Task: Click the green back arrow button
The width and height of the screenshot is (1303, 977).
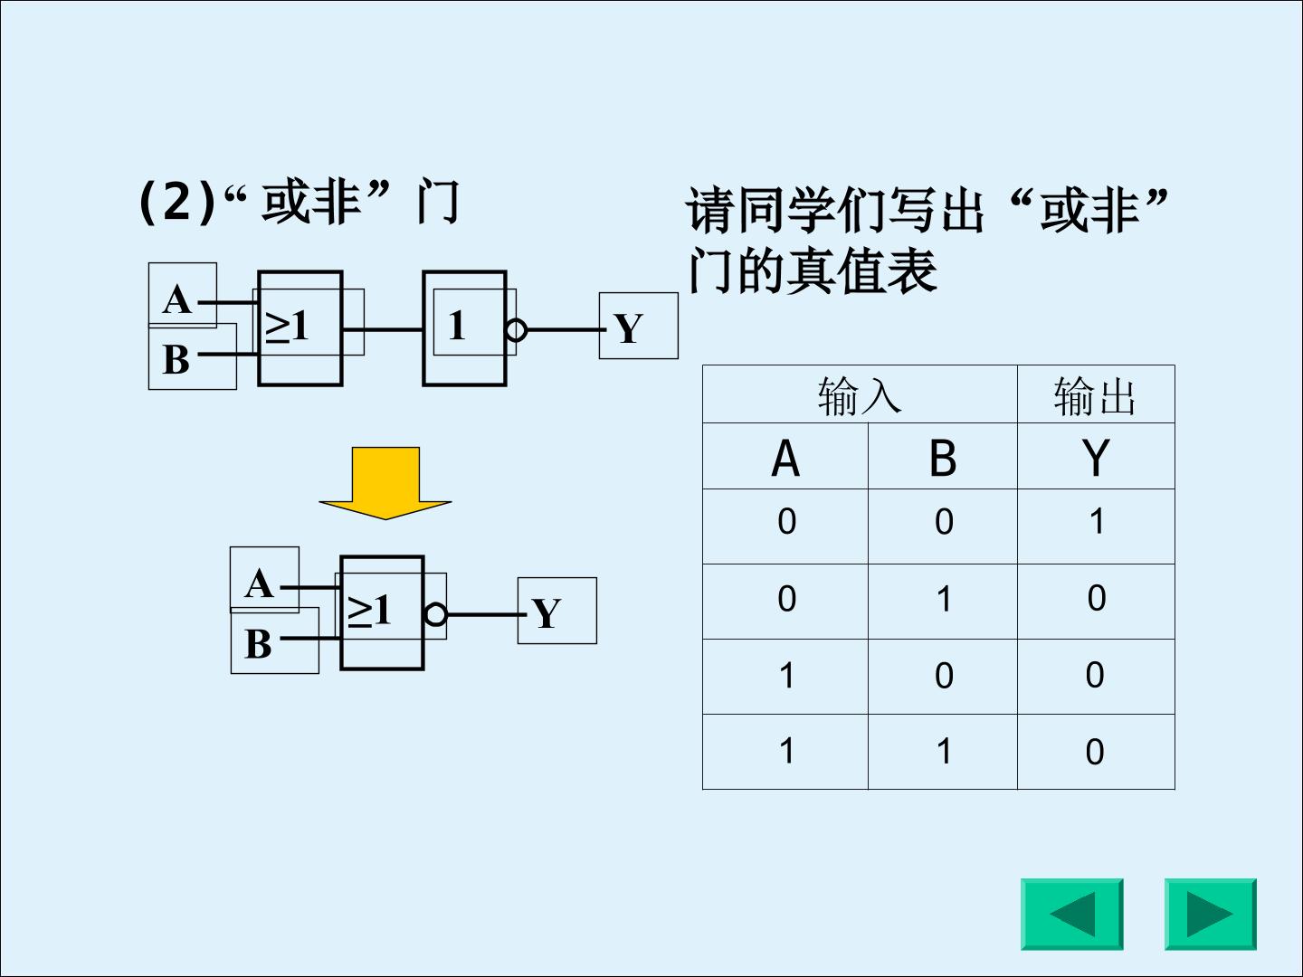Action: pyautogui.click(x=1072, y=914)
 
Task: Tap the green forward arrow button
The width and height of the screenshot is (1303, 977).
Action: pyautogui.click(x=1211, y=914)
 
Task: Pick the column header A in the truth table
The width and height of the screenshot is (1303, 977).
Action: pyautogui.click(x=785, y=458)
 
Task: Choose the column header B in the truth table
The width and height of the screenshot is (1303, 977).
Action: pyautogui.click(x=943, y=458)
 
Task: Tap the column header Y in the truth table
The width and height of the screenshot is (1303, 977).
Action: pyautogui.click(x=1096, y=458)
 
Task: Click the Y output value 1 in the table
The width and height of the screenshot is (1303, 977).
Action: pyautogui.click(x=1097, y=521)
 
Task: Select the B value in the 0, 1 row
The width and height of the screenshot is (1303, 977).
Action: pyautogui.click(x=944, y=598)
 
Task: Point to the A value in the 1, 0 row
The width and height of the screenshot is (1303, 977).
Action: pyautogui.click(x=786, y=675)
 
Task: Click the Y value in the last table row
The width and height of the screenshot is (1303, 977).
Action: pyautogui.click(x=1095, y=752)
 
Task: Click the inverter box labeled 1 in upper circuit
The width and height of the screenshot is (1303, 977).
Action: pyautogui.click(x=464, y=328)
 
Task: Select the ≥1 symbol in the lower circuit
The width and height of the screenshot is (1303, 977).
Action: pyautogui.click(x=369, y=610)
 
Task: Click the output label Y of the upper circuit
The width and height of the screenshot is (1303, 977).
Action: pyautogui.click(x=629, y=328)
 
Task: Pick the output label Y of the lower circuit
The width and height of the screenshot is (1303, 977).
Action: pyautogui.click(x=547, y=612)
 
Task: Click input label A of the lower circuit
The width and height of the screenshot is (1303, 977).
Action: pyautogui.click(x=260, y=583)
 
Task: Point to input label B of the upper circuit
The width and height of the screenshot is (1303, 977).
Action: pyautogui.click(x=176, y=359)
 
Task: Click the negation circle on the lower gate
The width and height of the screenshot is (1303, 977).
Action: pyautogui.click(x=436, y=614)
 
